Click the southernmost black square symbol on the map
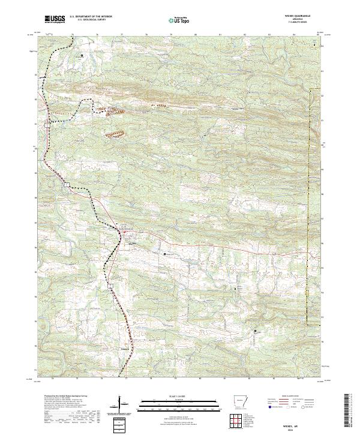[254, 331]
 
